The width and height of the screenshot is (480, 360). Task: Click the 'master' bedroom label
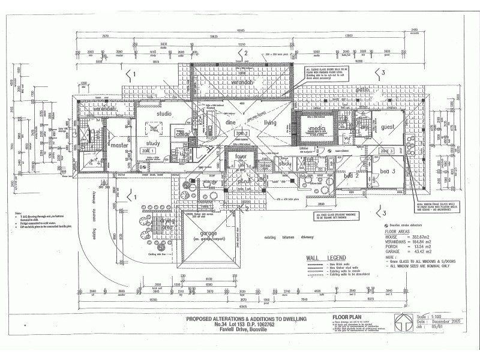[119, 145]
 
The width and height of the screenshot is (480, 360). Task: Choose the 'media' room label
[316, 129]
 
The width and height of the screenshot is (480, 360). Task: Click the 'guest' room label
[387, 127]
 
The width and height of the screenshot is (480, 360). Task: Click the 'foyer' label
[242, 157]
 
